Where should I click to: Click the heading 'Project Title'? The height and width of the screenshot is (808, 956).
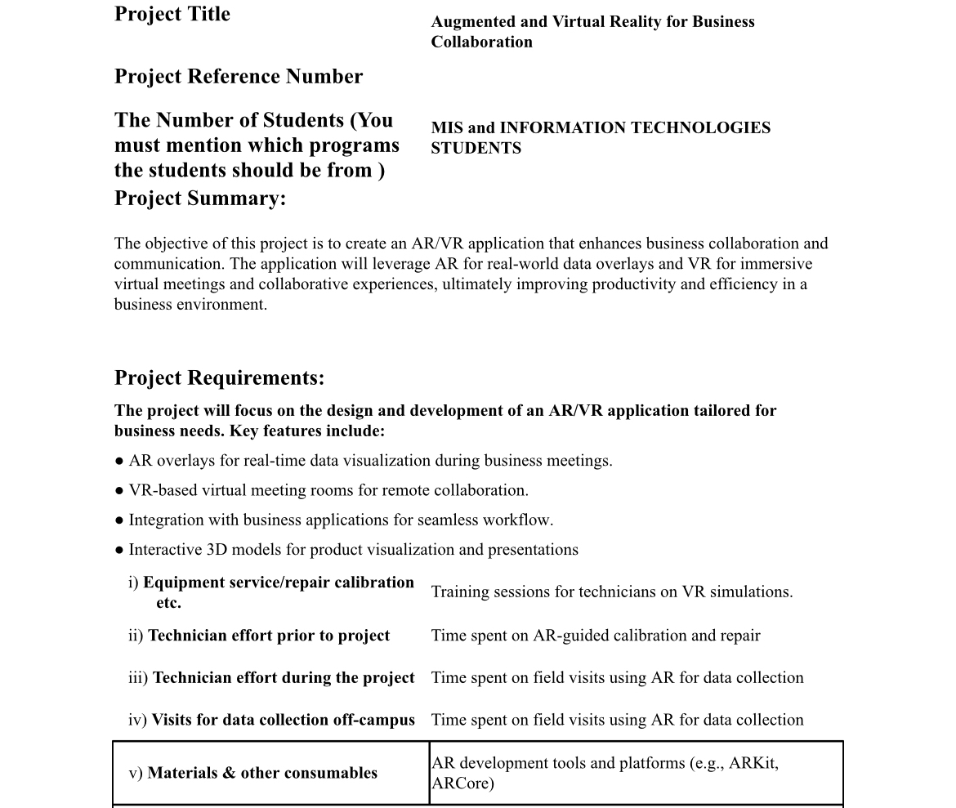point(172,15)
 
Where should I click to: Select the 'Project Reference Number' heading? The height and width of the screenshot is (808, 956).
point(239,77)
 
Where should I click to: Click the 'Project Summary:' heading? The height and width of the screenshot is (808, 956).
point(200,199)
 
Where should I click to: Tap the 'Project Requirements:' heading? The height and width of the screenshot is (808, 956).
point(219,378)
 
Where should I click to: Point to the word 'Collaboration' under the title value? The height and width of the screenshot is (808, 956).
point(481,42)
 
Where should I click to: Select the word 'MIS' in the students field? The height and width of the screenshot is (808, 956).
point(447,128)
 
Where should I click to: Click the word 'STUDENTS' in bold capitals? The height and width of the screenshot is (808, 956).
point(476,149)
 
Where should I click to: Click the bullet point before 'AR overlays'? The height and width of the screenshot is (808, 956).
point(119,462)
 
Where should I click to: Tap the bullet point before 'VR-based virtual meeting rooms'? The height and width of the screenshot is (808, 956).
point(119,491)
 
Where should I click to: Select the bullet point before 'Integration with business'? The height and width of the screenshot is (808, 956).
point(119,520)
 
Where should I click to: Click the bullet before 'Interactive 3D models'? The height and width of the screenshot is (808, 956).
point(119,550)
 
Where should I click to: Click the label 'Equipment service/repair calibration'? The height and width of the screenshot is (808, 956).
point(278,583)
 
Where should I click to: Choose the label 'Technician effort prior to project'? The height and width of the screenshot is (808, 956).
point(268,636)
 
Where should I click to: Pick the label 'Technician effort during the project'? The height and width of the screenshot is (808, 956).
point(283,678)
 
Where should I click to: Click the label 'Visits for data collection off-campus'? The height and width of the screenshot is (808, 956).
point(283,720)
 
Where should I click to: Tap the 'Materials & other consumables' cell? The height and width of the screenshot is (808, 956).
point(261,773)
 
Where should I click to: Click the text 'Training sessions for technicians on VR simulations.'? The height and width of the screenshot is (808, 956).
point(611,592)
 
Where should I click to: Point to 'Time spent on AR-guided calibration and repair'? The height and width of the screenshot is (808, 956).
point(595,636)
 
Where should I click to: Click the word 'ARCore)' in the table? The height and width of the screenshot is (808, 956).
point(462,783)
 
